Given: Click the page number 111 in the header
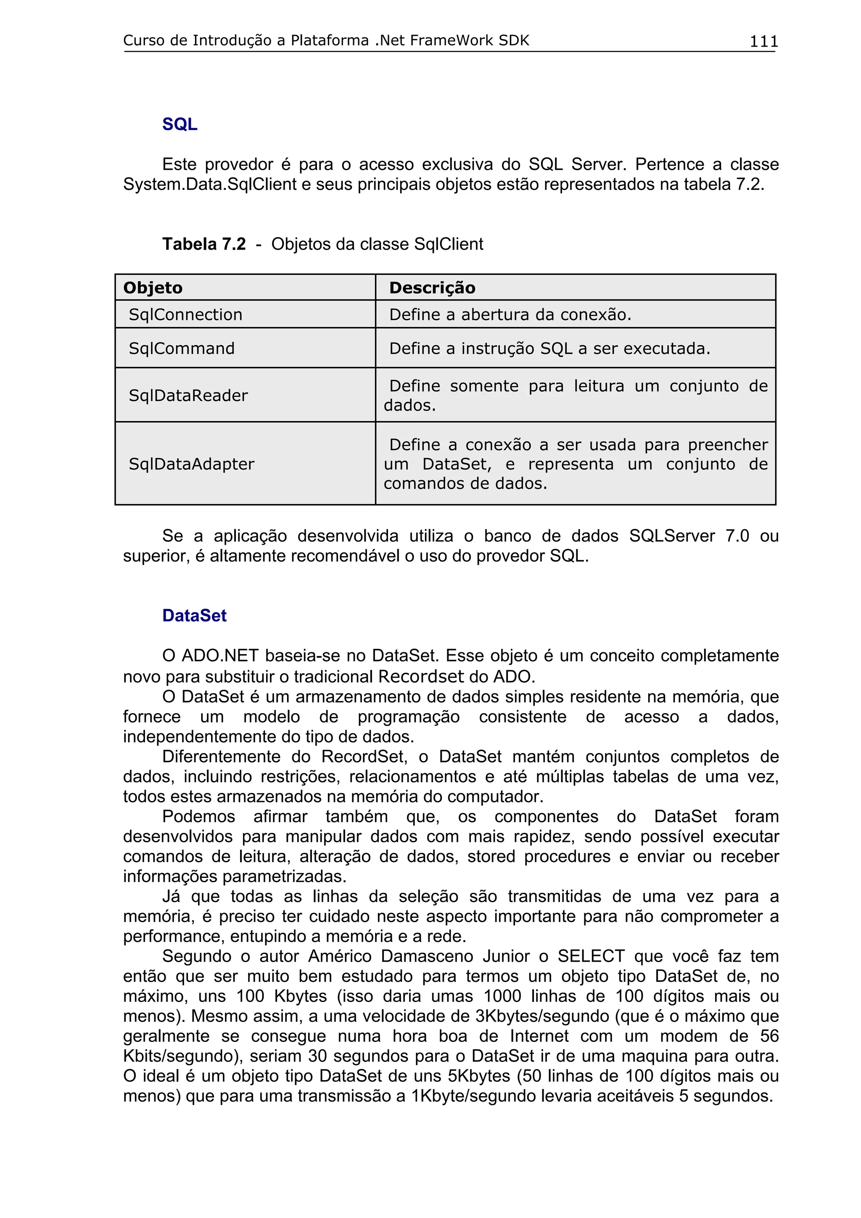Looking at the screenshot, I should tap(763, 41).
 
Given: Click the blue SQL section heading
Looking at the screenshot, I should tap(180, 124).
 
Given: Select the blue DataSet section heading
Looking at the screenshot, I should tap(194, 615).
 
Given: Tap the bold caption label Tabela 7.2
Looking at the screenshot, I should tap(204, 244).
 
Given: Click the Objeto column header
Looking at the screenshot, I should tap(153, 287).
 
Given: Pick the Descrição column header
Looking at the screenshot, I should tap(432, 287).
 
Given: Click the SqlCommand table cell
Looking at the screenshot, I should tap(182, 348).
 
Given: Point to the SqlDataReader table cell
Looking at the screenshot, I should tap(188, 395).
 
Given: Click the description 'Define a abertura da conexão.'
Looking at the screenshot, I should tap(510, 314).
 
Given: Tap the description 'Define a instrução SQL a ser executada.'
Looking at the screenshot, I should tap(549, 348).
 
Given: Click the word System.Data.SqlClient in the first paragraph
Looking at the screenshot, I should tap(209, 185).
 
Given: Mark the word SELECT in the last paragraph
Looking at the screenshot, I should tap(590, 956).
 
